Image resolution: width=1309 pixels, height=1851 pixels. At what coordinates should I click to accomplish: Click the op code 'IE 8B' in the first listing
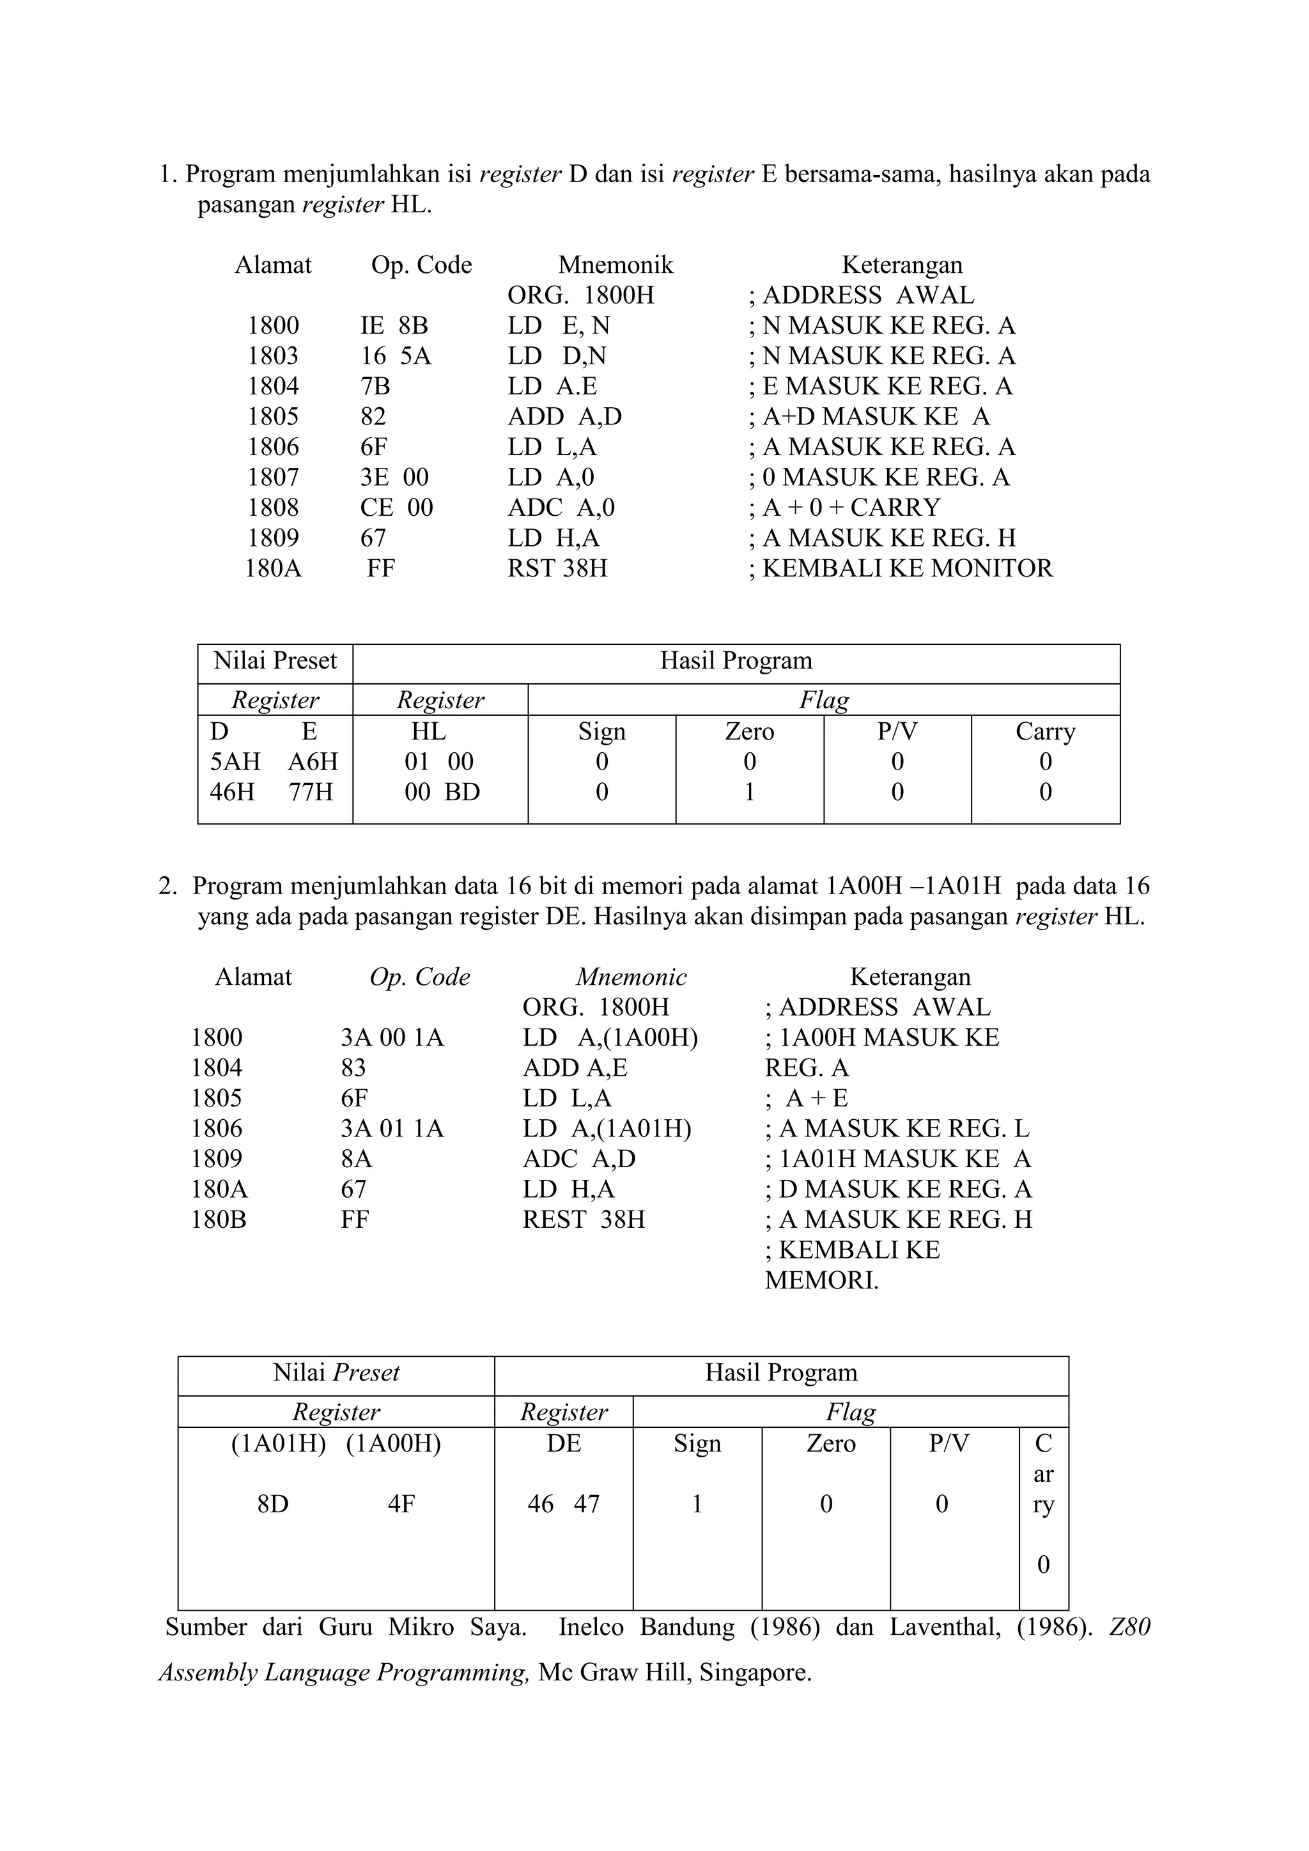pyautogui.click(x=393, y=326)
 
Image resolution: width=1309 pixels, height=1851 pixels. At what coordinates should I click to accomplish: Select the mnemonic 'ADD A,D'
pyautogui.click(x=564, y=417)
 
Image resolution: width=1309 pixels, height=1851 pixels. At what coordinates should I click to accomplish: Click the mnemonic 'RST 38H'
pyautogui.click(x=557, y=568)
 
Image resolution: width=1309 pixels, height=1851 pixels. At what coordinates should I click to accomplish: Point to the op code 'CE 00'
pyautogui.click(x=396, y=508)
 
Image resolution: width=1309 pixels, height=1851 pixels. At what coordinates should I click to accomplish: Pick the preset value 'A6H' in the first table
pyautogui.click(x=313, y=762)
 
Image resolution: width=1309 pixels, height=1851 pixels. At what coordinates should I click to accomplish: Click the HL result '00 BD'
pyautogui.click(x=442, y=793)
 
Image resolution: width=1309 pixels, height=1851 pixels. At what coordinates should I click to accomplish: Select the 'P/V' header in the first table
pyautogui.click(x=897, y=731)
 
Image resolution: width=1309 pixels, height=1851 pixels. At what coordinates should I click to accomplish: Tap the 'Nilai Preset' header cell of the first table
pyautogui.click(x=275, y=661)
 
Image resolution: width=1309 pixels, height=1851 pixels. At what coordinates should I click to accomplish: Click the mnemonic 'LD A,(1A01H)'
pyautogui.click(x=606, y=1129)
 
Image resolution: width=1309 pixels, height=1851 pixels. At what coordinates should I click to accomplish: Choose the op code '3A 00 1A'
pyautogui.click(x=392, y=1037)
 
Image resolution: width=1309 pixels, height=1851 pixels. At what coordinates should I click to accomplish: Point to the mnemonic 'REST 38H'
pyautogui.click(x=584, y=1220)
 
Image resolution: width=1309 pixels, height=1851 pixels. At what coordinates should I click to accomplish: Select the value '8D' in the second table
pyautogui.click(x=272, y=1505)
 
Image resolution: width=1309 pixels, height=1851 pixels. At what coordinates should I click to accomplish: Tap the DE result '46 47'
pyautogui.click(x=563, y=1505)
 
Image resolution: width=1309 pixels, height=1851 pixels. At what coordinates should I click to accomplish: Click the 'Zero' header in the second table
pyautogui.click(x=830, y=1443)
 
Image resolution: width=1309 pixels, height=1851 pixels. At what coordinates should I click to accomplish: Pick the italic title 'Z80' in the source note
pyautogui.click(x=1129, y=1627)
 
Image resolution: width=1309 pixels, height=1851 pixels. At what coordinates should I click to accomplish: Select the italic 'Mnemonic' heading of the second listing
pyautogui.click(x=631, y=977)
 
